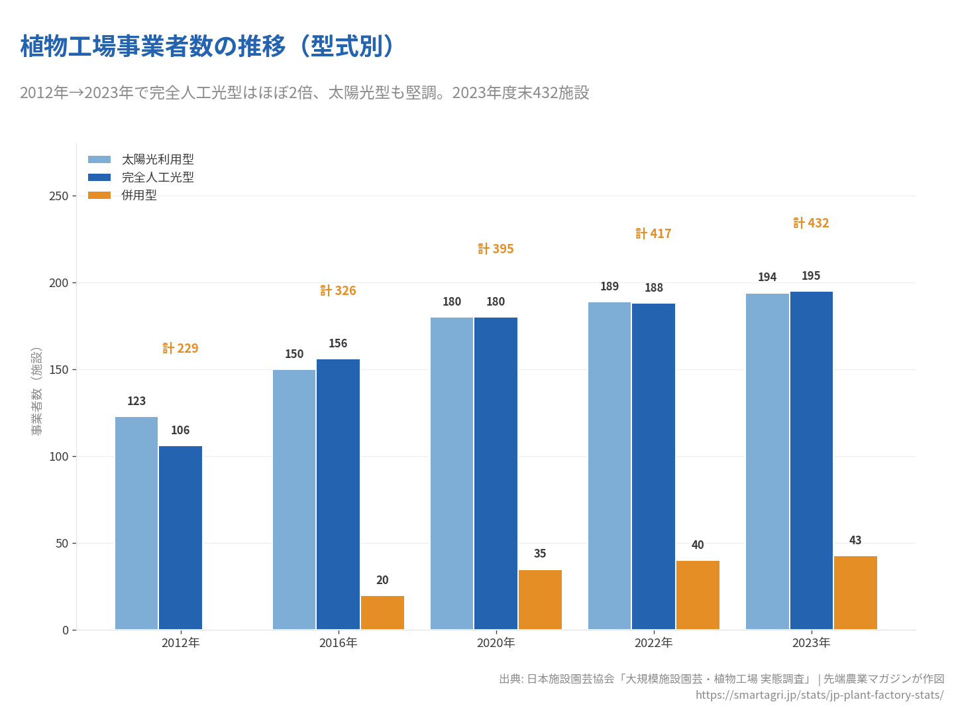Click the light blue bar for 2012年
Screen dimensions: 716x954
pos(136,523)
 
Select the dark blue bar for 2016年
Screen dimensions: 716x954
pos(338,495)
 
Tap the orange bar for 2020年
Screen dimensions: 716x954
pos(540,600)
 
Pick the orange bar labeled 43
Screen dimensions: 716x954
pos(855,593)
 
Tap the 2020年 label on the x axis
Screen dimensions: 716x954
pos(496,643)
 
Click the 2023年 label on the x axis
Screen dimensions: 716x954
pos(811,643)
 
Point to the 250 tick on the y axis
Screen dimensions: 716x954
pos(59,196)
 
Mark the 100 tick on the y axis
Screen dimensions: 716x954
pos(59,457)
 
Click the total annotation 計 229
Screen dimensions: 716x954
pos(180,349)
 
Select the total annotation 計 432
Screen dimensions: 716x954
pos(811,223)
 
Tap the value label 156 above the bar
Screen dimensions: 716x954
pos(338,343)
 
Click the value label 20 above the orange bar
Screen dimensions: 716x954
pos(382,580)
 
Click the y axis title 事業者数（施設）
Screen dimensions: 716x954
pos(36,391)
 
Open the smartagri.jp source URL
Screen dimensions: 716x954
pos(820,695)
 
